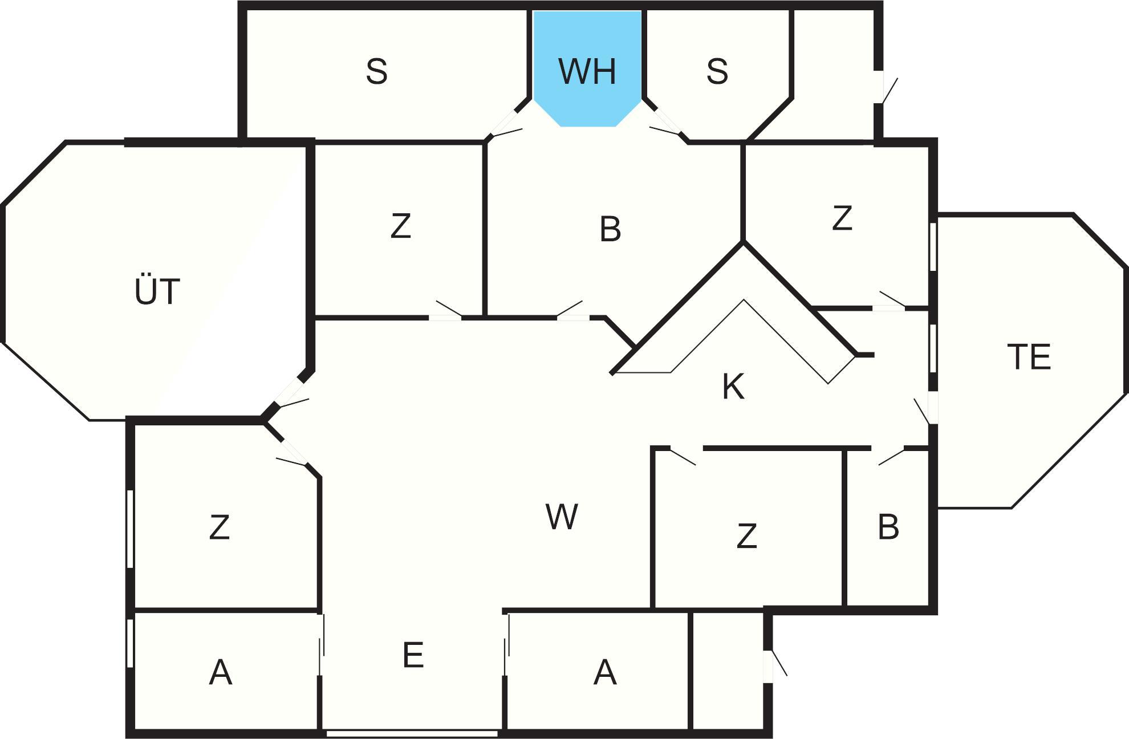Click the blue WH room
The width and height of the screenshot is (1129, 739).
click(587, 68)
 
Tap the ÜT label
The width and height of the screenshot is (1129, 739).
click(157, 291)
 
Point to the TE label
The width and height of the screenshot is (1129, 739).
click(1029, 357)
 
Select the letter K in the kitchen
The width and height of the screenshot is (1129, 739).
click(733, 387)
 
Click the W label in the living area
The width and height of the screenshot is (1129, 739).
click(562, 517)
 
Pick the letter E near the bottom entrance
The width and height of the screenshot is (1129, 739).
click(413, 655)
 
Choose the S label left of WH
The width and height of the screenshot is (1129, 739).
click(376, 72)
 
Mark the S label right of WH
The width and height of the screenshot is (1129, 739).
click(717, 71)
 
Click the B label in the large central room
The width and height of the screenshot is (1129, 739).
click(610, 229)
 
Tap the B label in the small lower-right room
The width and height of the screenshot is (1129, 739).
click(888, 527)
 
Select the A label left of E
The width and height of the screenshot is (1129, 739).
click(221, 672)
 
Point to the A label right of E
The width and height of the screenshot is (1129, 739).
click(605, 672)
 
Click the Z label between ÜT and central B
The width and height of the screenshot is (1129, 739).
click(401, 226)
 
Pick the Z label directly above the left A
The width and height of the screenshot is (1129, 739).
click(220, 527)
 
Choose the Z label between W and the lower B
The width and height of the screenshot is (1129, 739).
click(747, 536)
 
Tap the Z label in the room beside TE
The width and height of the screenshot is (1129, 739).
click(842, 218)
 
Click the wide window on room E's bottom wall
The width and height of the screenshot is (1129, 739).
click(412, 733)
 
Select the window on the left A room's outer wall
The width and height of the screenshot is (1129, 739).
click(130, 643)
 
